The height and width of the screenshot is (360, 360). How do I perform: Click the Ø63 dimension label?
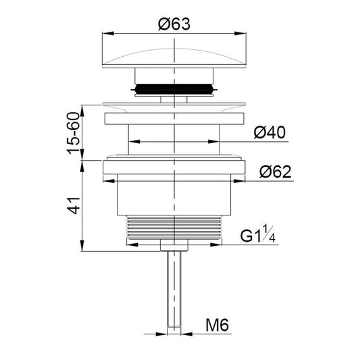tap(174, 24)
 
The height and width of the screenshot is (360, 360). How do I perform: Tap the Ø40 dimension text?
tap(269, 132)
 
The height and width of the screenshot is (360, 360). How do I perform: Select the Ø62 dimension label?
tap(276, 172)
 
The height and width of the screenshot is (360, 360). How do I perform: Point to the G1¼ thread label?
tap(257, 234)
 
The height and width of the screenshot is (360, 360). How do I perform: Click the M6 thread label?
tap(217, 325)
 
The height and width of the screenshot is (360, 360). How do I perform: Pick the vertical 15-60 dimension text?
tap(73, 132)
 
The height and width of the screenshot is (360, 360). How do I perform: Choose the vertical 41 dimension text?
tap(73, 205)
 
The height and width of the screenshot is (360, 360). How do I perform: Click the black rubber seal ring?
tap(174, 89)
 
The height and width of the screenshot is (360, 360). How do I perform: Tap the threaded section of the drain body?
tap(174, 228)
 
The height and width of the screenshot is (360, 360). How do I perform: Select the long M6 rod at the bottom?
tap(174, 289)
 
